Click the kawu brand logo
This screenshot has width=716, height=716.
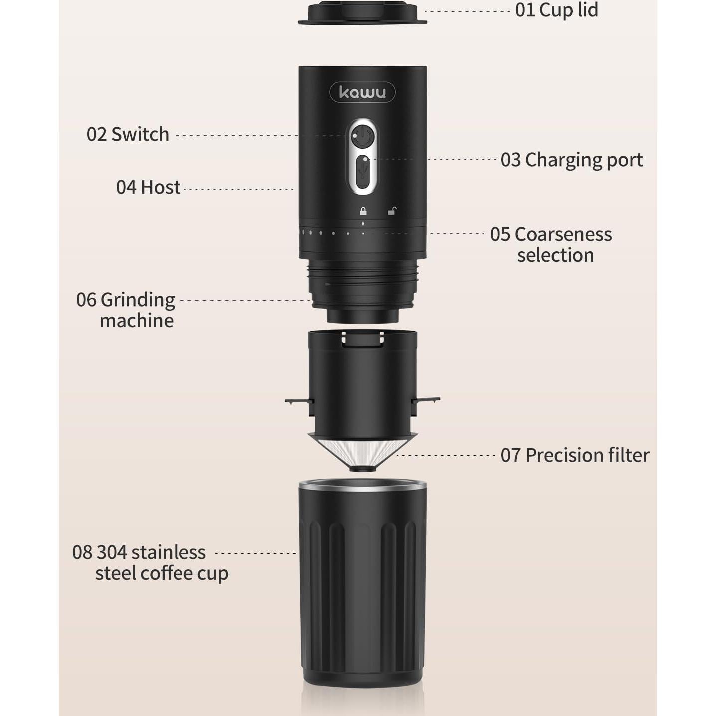tap(362, 92)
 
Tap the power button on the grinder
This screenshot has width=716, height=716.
tap(362, 135)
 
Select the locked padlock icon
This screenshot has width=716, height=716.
tap(363, 211)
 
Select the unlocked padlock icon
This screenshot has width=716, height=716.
tap(392, 211)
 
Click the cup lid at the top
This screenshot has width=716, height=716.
tap(362, 14)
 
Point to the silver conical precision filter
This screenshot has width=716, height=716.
tap(362, 451)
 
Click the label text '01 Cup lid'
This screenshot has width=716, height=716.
tap(556, 10)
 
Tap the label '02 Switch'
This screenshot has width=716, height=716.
tap(128, 134)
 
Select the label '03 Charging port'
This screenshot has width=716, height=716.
tap(571, 160)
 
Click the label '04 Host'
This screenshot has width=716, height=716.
tap(148, 187)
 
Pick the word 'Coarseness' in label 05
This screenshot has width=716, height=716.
tap(563, 234)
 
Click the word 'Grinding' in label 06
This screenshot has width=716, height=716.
tap(138, 300)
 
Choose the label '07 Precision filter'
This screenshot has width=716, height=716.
tap(574, 455)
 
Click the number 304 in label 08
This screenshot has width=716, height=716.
tap(111, 552)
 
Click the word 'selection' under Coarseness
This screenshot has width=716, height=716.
tap(555, 255)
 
